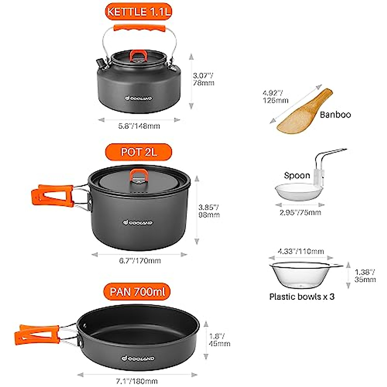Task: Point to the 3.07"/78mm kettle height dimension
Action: point(203,79)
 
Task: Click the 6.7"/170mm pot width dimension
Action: point(140,261)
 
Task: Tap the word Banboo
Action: point(335,114)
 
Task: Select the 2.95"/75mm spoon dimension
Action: point(300,212)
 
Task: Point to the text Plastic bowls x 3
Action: point(302,297)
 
